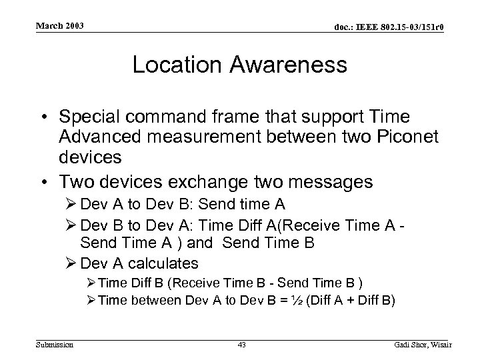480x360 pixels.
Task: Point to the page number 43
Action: tap(241, 343)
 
